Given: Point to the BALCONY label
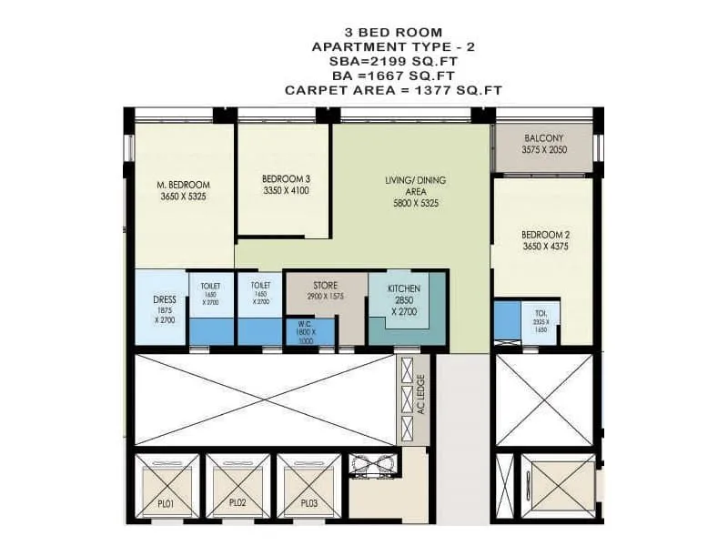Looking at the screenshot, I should pyautogui.click(x=545, y=138).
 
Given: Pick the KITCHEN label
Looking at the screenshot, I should pyautogui.click(x=403, y=288).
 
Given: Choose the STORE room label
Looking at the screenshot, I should pyautogui.click(x=325, y=286).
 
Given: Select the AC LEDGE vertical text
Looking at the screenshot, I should pyautogui.click(x=421, y=394).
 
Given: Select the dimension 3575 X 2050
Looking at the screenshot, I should pyautogui.click(x=545, y=149).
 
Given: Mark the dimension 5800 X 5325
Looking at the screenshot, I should pyautogui.click(x=411, y=203).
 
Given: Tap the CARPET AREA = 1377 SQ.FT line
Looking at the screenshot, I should pyautogui.click(x=393, y=90).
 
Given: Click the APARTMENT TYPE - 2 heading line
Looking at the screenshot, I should pyautogui.click(x=393, y=45).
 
